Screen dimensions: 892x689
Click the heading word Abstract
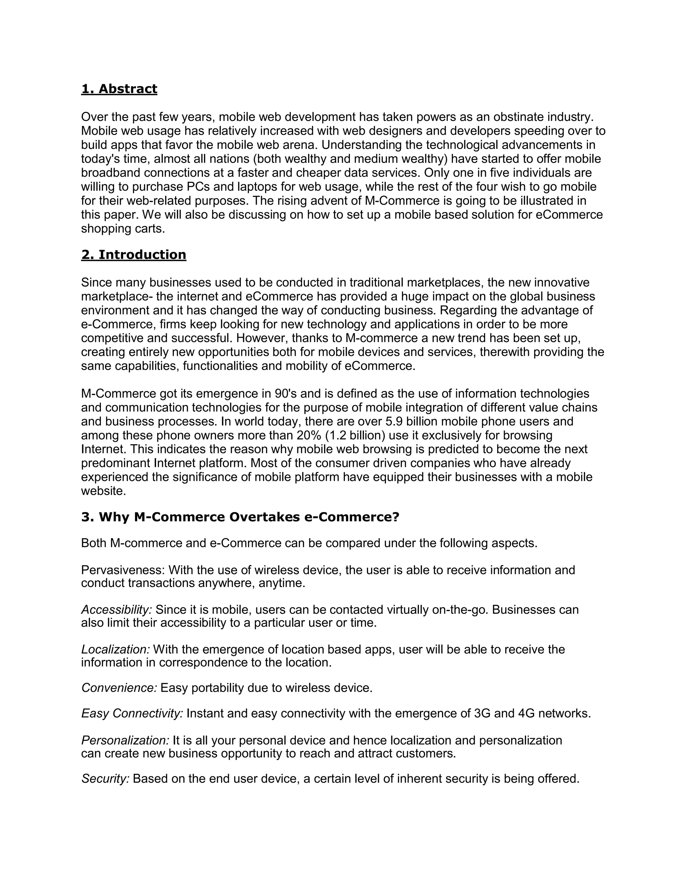[x=128, y=89]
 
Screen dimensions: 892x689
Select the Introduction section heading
[x=142, y=255]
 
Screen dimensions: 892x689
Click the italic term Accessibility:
[x=117, y=610]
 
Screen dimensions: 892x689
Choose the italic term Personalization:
[x=125, y=740]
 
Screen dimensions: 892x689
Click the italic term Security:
[x=105, y=779]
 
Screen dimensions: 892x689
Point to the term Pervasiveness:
[x=123, y=570]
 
